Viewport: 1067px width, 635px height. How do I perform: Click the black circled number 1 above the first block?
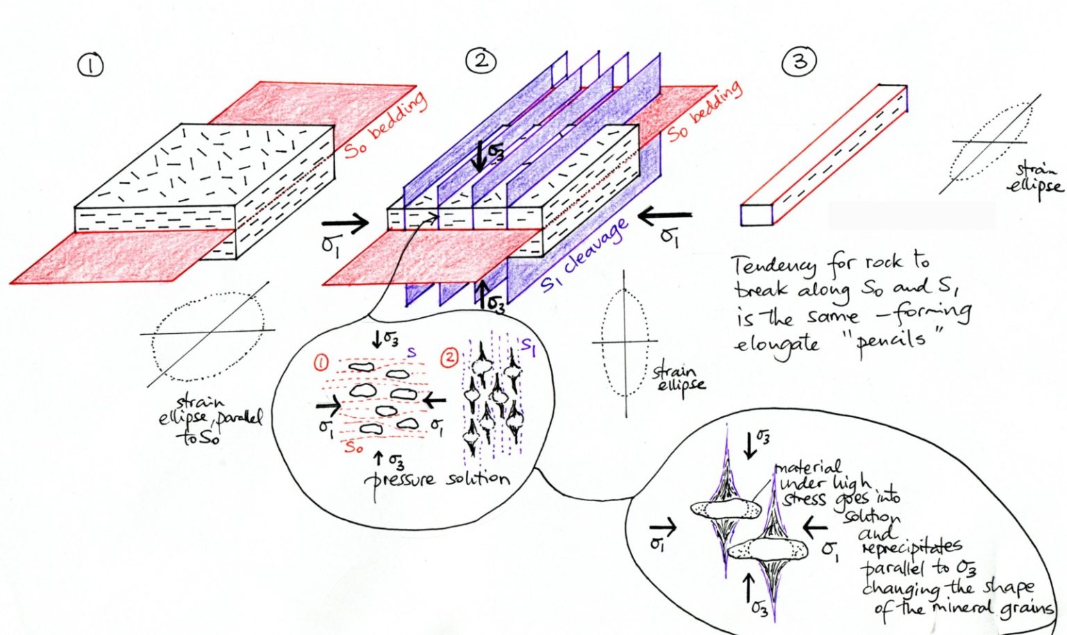click(x=91, y=65)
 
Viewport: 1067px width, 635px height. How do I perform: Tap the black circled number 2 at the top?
click(x=481, y=61)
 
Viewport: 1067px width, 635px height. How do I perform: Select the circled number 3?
click(x=800, y=62)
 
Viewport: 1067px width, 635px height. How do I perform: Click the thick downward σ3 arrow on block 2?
click(x=479, y=156)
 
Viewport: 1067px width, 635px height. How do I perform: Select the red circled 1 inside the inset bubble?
click(x=321, y=362)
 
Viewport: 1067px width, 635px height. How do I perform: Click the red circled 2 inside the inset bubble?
click(x=449, y=357)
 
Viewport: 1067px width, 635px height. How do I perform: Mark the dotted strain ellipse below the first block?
click(x=208, y=336)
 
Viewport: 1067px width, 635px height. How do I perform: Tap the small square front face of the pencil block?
click(x=756, y=215)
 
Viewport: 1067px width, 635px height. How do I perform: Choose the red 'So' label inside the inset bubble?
click(x=354, y=448)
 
